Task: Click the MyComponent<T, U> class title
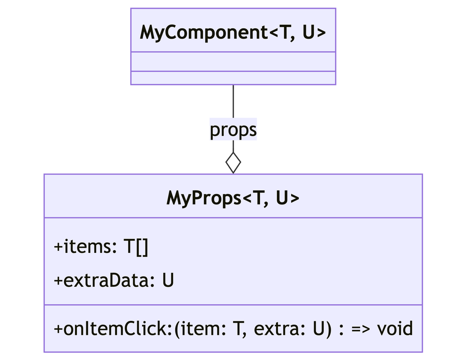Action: [x=233, y=33]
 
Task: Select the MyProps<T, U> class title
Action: [x=233, y=199]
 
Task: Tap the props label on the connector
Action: [x=233, y=130]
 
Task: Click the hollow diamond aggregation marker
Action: [x=233, y=163]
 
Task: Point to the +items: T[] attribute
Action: [x=101, y=247]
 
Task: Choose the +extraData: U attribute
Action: [x=114, y=281]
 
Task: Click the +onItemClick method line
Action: [x=233, y=328]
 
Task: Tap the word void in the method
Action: [x=394, y=328]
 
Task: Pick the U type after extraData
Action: [x=168, y=281]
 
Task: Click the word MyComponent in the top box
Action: [x=203, y=33]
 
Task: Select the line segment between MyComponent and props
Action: [x=233, y=101]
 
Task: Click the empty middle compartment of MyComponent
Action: [x=233, y=61]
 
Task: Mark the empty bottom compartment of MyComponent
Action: [x=233, y=78]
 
